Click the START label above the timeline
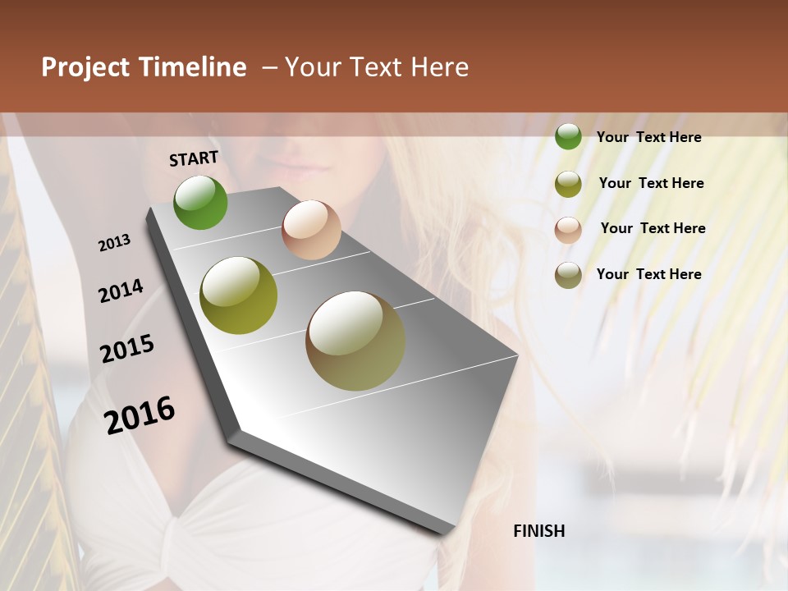194,158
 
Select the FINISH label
538,531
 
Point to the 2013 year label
115,243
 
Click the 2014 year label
121,291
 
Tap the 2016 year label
140,415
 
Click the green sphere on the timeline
200,202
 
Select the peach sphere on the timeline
311,230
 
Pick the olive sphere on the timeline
239,295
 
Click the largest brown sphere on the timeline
355,341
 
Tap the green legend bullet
568,137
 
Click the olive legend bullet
568,184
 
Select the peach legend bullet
568,229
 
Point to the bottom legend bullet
568,275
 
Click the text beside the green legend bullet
648,137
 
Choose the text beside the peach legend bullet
653,228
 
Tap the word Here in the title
439,67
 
